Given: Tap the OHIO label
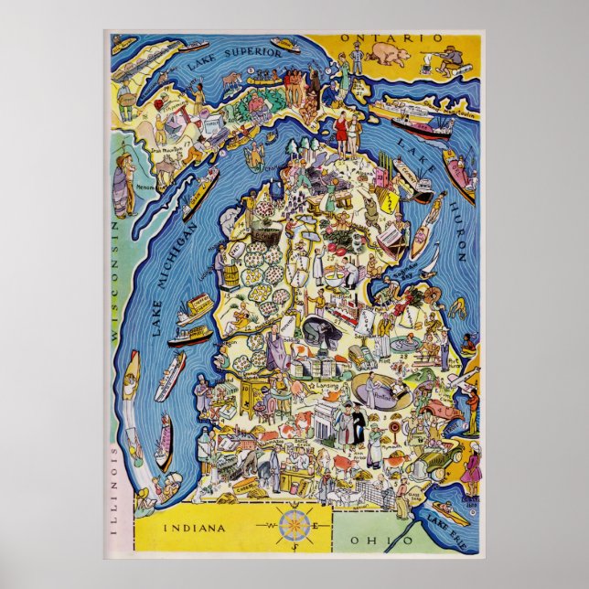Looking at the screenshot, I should tap(386, 541).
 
